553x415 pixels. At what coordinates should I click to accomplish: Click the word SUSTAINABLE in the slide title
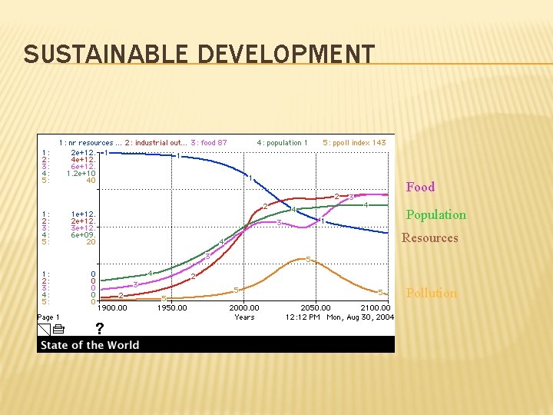coord(107,55)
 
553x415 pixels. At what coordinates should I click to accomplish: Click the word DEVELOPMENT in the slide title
coord(286,55)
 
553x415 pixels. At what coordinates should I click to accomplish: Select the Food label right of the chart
coord(420,187)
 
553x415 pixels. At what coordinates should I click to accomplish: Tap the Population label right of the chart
coord(435,214)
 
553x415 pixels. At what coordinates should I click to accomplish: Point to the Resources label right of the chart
coord(429,237)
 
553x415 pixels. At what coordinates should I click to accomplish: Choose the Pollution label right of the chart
coord(431,293)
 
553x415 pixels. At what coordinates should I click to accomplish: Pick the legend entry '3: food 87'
coord(209,142)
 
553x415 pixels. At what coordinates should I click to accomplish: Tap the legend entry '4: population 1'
coord(282,142)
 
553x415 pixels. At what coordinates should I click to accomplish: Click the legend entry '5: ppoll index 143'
coord(354,142)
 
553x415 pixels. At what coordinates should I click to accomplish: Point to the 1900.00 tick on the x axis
coord(111,308)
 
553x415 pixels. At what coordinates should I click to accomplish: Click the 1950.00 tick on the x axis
coord(171,308)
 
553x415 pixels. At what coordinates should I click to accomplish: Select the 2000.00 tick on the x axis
coord(244,308)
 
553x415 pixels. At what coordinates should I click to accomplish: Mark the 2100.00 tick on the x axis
coord(376,308)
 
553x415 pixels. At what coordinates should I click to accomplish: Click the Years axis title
coord(244,317)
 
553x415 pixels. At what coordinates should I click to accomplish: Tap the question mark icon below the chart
coord(99,329)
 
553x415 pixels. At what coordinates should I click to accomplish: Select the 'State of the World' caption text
coord(90,345)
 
